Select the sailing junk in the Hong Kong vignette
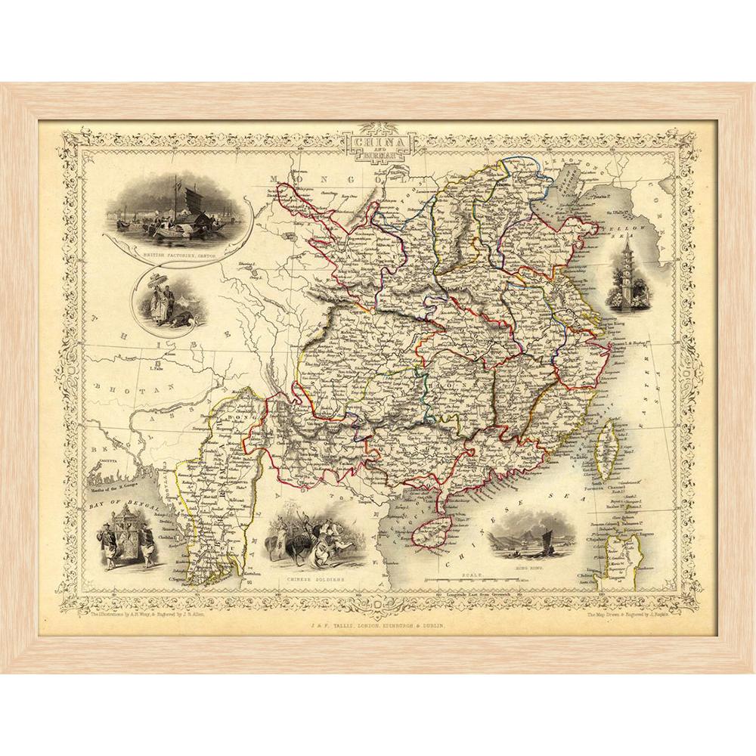541,538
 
